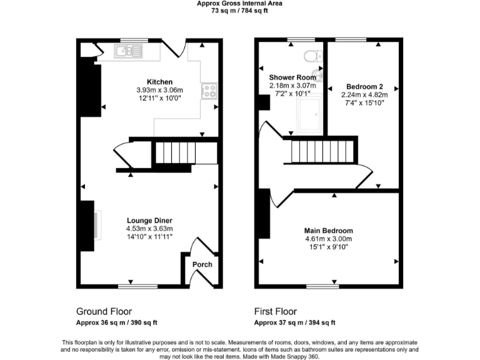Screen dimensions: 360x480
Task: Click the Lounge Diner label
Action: (x=149, y=221)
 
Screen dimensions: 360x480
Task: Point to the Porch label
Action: (x=202, y=264)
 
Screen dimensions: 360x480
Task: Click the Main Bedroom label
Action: (x=328, y=231)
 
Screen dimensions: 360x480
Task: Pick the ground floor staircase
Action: (x=172, y=152)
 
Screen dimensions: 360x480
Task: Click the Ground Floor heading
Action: (x=104, y=311)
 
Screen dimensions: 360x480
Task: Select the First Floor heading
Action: (x=275, y=311)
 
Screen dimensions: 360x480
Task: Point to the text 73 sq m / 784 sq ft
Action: (x=240, y=11)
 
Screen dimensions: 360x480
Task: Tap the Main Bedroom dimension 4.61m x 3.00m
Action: (x=328, y=239)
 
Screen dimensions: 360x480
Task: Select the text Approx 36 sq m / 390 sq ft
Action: (x=117, y=322)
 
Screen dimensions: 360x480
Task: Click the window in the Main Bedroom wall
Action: (x=326, y=286)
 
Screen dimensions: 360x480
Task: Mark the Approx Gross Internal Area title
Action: (x=240, y=3)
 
